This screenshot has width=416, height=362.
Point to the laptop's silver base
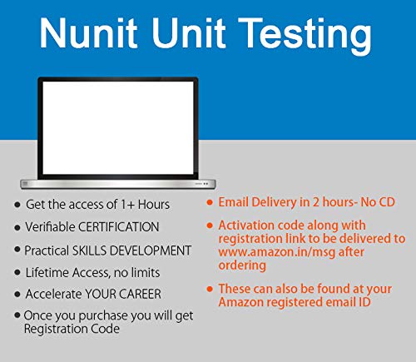point(117,182)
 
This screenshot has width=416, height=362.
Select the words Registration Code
point(73,330)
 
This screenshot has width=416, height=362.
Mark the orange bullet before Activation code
point(209,225)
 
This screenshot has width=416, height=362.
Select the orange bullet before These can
point(209,289)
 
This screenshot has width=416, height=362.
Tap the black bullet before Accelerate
point(17,295)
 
